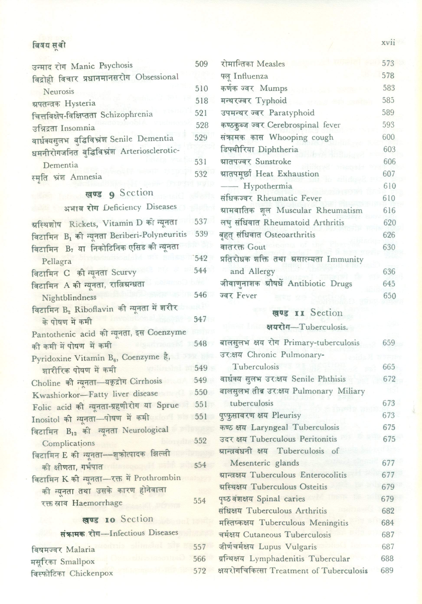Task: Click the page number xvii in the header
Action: pos(388,43)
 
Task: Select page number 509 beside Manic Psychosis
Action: pos(201,64)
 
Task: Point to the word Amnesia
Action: pos(86,177)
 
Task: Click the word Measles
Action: pos(271,64)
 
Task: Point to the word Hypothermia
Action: pos(268,186)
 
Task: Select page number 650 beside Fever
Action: pos(389,296)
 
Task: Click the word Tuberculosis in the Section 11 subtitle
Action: pos(324,327)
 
